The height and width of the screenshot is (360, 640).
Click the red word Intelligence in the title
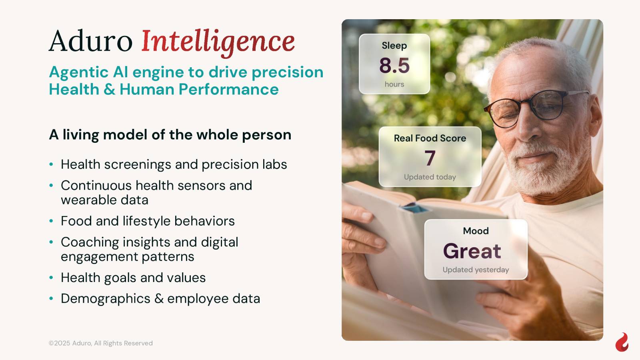[218, 42]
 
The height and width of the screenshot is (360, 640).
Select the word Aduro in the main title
[90, 40]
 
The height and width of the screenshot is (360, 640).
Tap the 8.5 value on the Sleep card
[394, 66]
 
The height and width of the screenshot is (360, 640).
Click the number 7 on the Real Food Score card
[430, 158]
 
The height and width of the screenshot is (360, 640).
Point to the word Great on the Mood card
[472, 251]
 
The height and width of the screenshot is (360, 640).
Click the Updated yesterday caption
[476, 270]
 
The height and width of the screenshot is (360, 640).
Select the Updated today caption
[430, 177]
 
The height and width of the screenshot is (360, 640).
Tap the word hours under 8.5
[394, 84]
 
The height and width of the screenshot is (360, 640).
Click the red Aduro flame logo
[622, 342]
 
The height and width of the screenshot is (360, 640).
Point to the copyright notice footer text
[100, 343]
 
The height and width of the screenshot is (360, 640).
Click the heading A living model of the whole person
[170, 134]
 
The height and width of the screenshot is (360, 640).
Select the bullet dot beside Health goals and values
[51, 278]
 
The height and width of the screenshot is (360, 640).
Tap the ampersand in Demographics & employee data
[159, 299]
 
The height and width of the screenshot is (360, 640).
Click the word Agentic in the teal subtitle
[78, 72]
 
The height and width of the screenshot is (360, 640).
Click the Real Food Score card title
[430, 138]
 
